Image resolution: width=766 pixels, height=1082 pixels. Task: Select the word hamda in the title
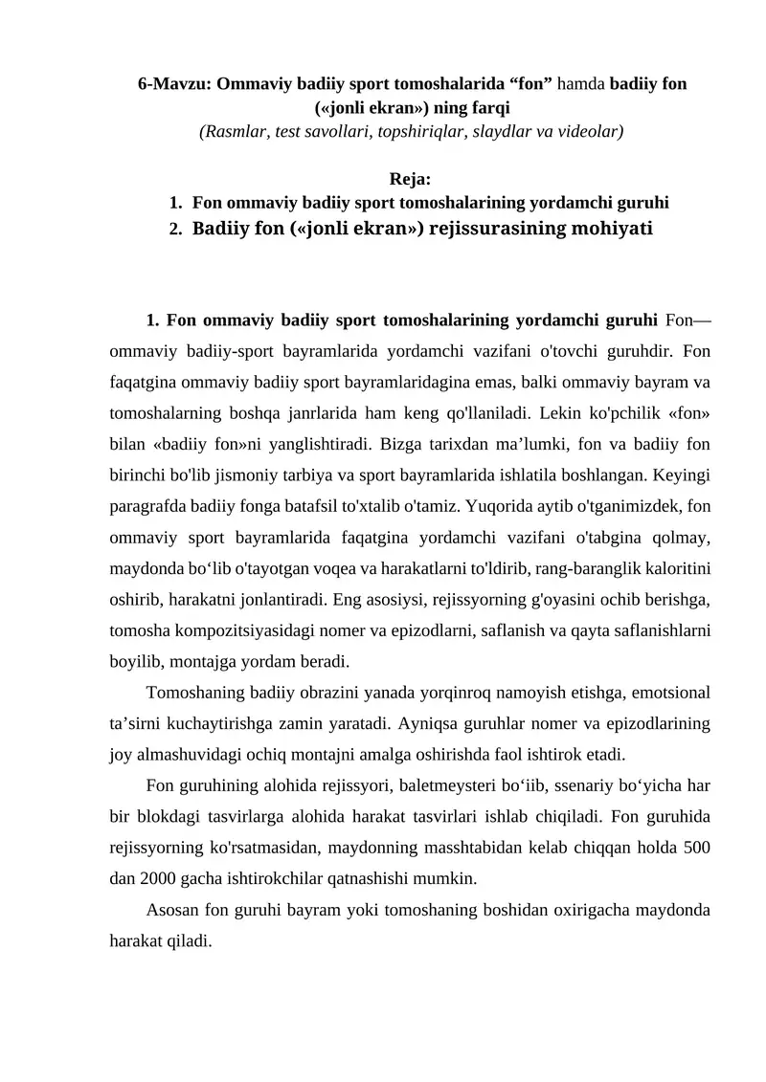[x=583, y=83]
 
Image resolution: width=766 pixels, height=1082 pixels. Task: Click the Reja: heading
[x=411, y=179]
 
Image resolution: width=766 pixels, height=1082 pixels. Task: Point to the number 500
[x=695, y=847]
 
